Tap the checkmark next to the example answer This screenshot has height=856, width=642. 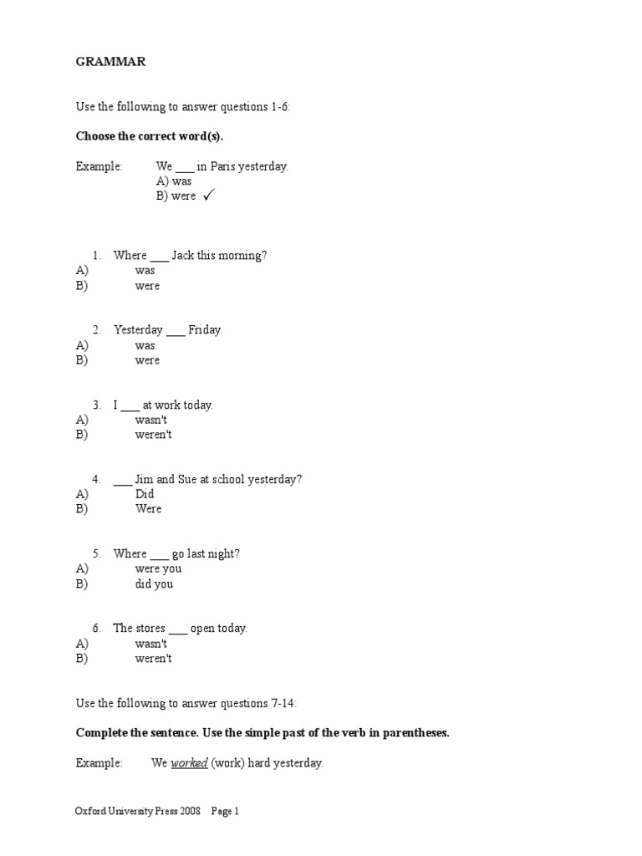[x=208, y=196]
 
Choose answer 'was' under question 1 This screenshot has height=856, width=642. [x=145, y=270]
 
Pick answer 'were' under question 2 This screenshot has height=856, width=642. [x=147, y=360]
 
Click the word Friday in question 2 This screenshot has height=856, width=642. [x=205, y=329]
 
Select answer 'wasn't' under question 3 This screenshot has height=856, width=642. [x=151, y=420]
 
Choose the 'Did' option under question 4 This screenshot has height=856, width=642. [x=145, y=494]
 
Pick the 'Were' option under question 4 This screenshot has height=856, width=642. [x=148, y=509]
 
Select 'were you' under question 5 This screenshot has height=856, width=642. [x=158, y=568]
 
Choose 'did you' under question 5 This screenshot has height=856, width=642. [x=155, y=583]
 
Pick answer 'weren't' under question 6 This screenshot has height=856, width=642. [x=154, y=659]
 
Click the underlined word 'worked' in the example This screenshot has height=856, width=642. [x=189, y=763]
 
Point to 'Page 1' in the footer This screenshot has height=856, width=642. [x=225, y=811]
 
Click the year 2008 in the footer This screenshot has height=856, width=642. [x=189, y=811]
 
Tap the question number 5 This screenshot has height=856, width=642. [x=97, y=553]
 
